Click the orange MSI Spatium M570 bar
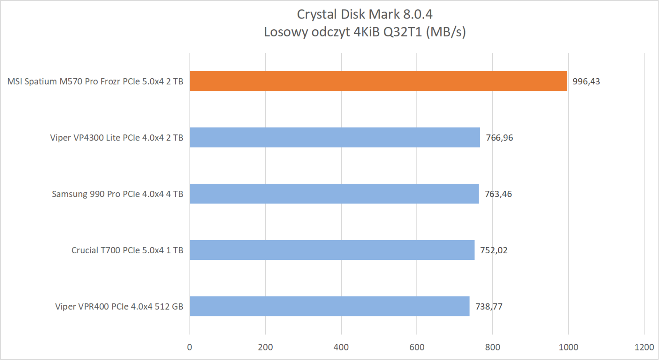point(378,81)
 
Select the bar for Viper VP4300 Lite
point(335,137)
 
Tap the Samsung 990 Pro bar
point(334,194)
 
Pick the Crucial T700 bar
point(332,250)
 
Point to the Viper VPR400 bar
point(329,306)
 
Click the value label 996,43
point(586,82)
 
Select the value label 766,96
point(499,138)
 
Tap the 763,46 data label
point(498,194)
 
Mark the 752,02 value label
point(493,250)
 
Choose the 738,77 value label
point(489,306)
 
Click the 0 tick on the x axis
point(189,347)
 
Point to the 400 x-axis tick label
point(341,347)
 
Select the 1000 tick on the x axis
point(568,347)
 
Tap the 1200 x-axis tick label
point(644,347)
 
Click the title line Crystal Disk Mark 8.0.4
point(365,14)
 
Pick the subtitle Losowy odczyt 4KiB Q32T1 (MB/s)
point(365,32)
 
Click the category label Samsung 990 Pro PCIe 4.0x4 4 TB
point(117,194)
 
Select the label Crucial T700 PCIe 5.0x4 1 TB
point(127,250)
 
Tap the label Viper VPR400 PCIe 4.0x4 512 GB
point(119,306)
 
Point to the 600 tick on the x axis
point(417,347)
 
